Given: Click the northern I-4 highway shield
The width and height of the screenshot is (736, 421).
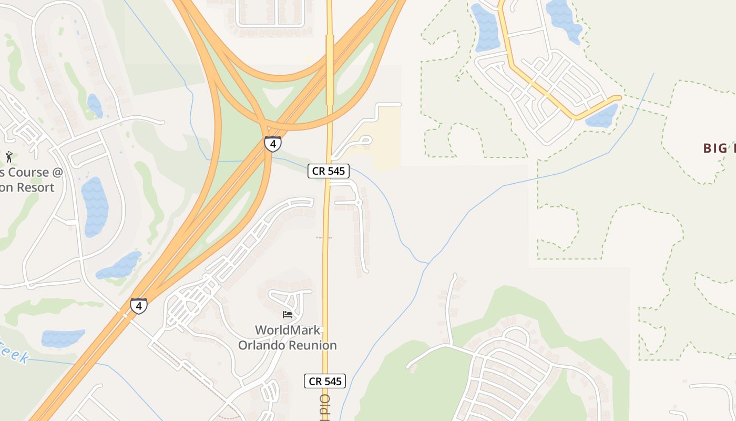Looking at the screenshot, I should [x=272, y=144].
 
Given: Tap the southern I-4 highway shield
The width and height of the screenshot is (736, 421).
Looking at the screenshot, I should [x=138, y=306].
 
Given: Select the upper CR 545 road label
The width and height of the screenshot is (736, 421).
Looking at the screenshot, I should [x=329, y=171].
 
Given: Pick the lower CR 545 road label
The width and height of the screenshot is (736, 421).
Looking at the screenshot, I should [x=325, y=381].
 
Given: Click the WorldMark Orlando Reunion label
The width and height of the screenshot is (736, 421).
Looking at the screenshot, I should [x=288, y=338].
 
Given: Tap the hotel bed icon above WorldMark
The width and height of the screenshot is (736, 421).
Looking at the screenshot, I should [x=288, y=315].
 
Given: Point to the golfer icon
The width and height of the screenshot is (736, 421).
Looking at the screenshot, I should [x=9, y=156].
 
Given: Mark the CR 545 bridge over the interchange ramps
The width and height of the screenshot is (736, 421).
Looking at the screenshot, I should [x=330, y=68].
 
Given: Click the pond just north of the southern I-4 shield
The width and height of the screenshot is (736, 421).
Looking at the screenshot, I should [x=120, y=266].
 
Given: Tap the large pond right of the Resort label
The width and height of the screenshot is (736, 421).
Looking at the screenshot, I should [x=95, y=206].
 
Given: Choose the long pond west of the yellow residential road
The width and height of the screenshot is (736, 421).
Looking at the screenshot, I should [x=486, y=27].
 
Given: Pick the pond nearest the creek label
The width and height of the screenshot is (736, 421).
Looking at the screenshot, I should [x=63, y=338].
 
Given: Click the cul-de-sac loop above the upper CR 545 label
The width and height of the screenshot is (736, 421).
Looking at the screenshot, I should [x=362, y=141].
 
